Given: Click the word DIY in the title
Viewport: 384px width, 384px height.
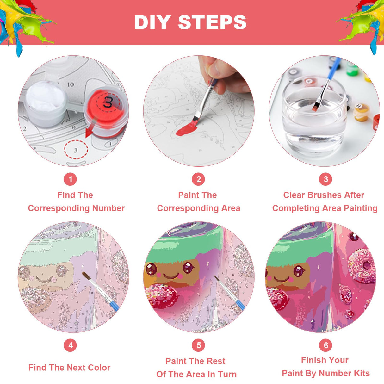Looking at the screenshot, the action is [x=152, y=22].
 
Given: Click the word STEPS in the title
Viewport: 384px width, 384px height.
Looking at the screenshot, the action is [x=212, y=22].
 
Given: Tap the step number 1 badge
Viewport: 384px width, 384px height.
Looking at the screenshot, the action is [x=70, y=179].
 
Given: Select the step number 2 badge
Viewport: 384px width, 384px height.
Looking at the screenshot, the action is [x=198, y=179].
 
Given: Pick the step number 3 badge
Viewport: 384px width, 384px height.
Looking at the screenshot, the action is [x=325, y=179].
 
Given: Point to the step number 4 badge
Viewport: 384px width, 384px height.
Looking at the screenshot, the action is [x=70, y=345].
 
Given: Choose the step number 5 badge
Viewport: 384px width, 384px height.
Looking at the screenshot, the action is [x=198, y=345].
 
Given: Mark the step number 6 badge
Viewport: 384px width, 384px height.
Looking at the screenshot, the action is [x=325, y=345].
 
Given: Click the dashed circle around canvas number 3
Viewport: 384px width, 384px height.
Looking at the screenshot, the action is [x=76, y=149].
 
